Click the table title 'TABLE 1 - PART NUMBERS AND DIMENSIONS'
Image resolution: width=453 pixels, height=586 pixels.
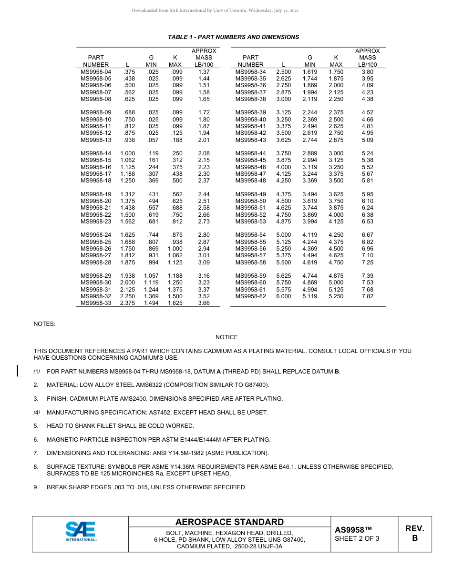click(233, 37)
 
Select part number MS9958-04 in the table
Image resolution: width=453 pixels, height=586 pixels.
click(96, 71)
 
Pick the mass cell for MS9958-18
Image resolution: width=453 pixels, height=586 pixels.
click(204, 181)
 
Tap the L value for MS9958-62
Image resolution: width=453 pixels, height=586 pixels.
click(283, 296)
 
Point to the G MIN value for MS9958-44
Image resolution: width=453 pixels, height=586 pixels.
click(310, 153)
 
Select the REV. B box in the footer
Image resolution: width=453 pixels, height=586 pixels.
click(414, 533)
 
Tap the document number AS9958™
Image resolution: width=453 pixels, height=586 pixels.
click(353, 530)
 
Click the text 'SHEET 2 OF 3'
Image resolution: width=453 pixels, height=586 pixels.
click(357, 539)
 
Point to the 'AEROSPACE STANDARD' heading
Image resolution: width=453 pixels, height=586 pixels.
click(229, 522)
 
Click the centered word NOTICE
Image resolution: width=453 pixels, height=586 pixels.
click(226, 337)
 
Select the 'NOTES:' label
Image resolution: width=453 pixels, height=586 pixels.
click(44, 324)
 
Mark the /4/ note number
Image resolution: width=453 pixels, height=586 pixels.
click(37, 412)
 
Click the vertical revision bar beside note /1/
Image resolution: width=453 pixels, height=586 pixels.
click(18, 371)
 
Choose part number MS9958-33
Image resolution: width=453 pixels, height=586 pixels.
click(96, 303)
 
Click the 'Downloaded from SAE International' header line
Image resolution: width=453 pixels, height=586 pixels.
click(216, 10)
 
